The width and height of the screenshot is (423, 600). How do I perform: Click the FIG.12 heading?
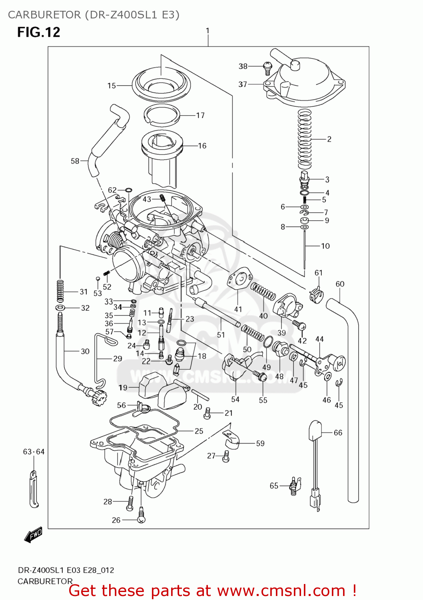pos(38,32)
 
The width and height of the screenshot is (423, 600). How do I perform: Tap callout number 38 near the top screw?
pos(243,66)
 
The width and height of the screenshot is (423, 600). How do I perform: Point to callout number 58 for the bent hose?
pos(75,161)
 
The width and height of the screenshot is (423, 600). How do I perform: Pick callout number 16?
pos(202,146)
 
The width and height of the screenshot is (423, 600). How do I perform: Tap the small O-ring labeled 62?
pos(128,190)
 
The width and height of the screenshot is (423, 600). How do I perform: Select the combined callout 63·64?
pos(34,452)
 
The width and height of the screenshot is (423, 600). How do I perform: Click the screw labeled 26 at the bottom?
pos(141,519)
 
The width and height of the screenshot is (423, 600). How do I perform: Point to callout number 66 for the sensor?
pos(338,433)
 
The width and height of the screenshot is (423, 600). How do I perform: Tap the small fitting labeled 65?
pos(294,486)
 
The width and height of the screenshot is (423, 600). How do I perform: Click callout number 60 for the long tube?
pos(340,284)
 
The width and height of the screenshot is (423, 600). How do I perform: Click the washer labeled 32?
pos(60,308)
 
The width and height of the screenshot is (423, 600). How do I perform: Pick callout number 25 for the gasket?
pos(199,431)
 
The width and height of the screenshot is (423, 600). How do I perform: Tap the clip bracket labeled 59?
pos(231,440)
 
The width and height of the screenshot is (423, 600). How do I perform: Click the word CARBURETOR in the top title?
pos(44,15)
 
